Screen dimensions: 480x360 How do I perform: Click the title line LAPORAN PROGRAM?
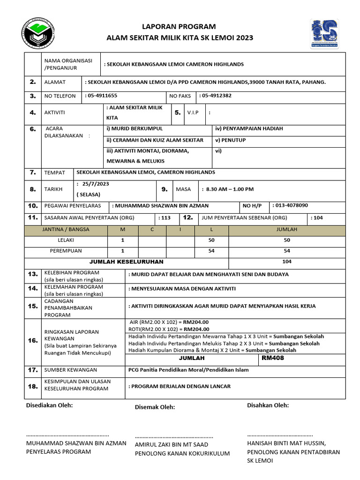[180, 27]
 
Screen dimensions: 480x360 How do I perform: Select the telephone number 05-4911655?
[102, 96]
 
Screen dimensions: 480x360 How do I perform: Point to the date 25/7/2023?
[95, 184]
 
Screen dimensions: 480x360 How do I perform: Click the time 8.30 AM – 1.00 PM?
[228, 189]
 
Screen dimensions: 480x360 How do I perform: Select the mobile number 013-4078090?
[292, 205]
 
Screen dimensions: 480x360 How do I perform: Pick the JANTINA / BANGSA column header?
[66, 230]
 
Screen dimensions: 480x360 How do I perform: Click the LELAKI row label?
[66, 240]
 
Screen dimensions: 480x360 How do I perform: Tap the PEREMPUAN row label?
[66, 251]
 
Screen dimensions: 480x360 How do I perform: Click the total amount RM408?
[273, 358]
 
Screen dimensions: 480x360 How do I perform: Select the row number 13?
[32, 274]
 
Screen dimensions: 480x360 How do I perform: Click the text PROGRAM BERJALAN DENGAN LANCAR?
[180, 386]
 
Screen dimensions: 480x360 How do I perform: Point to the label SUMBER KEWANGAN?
[70, 370]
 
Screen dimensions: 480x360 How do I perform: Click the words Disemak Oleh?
[155, 407]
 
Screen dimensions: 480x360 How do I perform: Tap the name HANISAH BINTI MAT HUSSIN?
[286, 442]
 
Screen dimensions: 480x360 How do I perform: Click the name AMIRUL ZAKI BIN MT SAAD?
[172, 444]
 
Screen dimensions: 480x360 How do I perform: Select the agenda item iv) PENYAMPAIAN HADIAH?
[249, 128]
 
